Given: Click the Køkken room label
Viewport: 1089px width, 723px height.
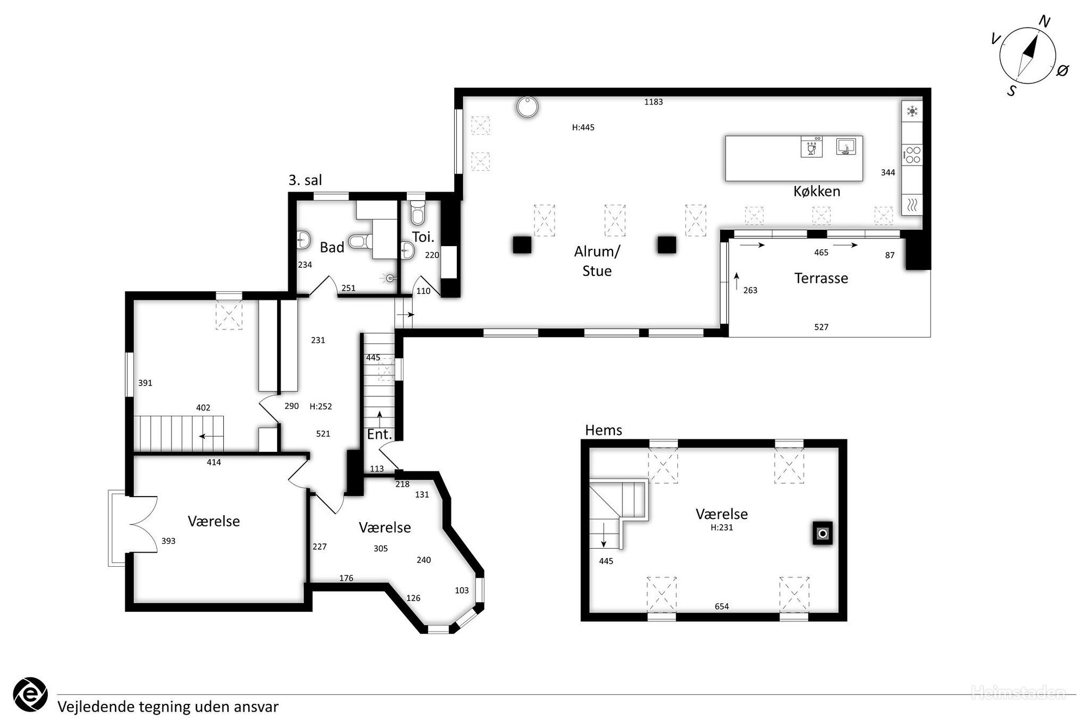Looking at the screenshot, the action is coord(816,192).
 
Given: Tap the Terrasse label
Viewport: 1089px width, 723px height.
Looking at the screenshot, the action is coord(821,278).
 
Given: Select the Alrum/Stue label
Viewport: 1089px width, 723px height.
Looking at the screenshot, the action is coord(597,261).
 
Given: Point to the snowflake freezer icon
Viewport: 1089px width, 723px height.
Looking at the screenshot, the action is coord(912,112).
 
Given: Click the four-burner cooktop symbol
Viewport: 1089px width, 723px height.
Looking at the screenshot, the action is coord(912,155).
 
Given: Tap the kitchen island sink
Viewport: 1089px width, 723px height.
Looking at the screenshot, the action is coord(846,147).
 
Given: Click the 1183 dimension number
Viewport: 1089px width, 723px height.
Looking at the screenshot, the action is coord(653,102).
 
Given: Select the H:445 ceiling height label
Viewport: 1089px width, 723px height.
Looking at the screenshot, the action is coord(583,127).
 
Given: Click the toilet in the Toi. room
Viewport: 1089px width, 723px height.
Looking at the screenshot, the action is coord(418,212).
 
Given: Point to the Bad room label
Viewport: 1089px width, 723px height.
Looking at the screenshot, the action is coord(332,248).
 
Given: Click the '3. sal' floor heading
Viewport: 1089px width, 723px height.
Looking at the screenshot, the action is coord(305,180).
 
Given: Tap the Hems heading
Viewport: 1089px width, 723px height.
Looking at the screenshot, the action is coord(603,430).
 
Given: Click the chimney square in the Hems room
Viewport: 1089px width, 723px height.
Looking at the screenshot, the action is coord(823,534).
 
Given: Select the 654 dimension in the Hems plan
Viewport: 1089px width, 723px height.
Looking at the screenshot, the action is coord(721,606).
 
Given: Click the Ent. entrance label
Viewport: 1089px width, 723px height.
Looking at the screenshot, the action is coord(380,434).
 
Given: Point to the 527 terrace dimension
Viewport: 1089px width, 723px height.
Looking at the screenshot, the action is coord(821,327).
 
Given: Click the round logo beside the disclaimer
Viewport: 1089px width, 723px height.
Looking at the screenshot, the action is coord(30,695).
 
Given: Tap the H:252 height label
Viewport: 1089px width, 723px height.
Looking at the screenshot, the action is coord(321,406).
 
